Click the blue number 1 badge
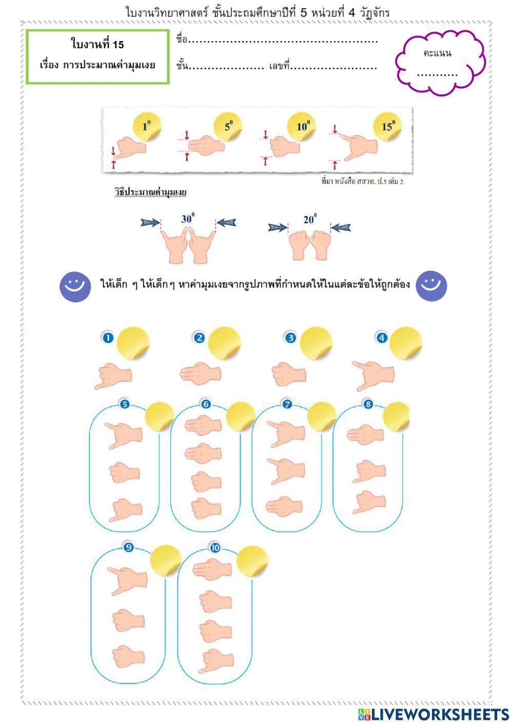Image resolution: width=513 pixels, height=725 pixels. [x=108, y=338]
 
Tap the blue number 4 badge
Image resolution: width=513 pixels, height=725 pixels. [x=382, y=338]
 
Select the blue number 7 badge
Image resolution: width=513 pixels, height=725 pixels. [x=287, y=404]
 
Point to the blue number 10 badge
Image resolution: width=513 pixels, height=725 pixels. [x=215, y=547]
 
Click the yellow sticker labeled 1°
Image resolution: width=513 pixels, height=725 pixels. [x=147, y=126]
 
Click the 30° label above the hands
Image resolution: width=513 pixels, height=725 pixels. [x=188, y=219]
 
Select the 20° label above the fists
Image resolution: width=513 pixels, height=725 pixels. [x=310, y=220]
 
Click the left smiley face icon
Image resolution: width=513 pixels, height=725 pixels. [x=75, y=286]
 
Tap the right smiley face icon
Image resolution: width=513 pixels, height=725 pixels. [x=431, y=286]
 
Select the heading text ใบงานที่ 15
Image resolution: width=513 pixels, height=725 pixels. [x=97, y=45]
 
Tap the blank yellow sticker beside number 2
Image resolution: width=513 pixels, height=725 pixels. [x=225, y=343]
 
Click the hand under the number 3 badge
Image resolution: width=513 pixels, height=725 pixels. [x=289, y=374]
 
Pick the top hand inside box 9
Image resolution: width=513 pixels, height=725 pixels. [x=128, y=580]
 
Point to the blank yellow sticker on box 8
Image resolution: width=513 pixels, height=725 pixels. [x=396, y=417]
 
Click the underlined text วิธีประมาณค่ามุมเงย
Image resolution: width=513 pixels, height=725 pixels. [x=150, y=192]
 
